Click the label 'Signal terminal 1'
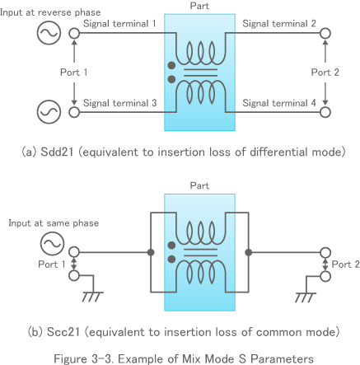(x=120, y=24)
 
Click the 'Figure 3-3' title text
(x=180, y=358)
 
